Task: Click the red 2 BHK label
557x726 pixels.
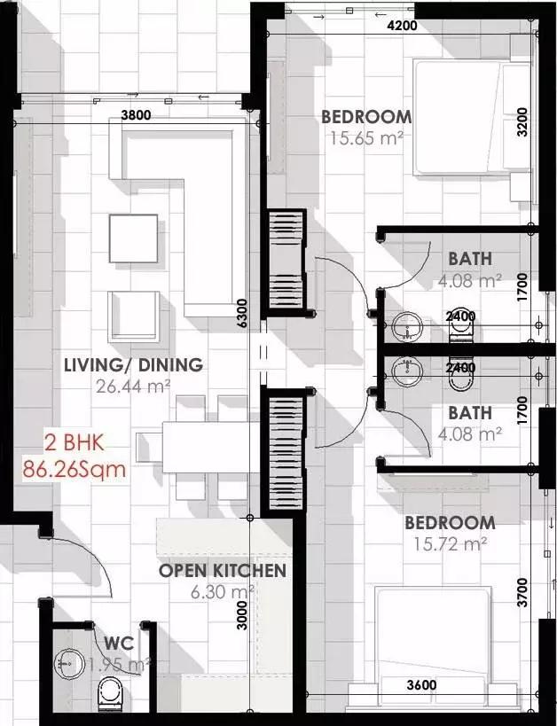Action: tap(75, 442)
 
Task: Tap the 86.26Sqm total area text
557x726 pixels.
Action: tap(75, 469)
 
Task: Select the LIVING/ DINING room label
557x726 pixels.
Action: tap(133, 365)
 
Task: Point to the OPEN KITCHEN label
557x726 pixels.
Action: tap(223, 571)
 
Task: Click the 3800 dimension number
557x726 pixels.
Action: tap(136, 115)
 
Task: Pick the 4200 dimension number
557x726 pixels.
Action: tap(402, 26)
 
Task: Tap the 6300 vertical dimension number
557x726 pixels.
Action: tap(242, 314)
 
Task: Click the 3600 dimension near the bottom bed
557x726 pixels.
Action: tap(421, 685)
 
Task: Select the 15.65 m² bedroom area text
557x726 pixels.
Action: tap(366, 137)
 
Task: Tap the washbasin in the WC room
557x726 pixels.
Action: tap(68, 664)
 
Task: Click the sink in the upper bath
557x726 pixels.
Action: tap(407, 326)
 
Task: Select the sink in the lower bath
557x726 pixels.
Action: tap(407, 371)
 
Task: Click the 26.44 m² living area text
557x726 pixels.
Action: tap(133, 386)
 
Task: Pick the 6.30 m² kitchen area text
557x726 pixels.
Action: tap(223, 591)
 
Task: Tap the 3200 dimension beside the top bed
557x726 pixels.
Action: tap(522, 121)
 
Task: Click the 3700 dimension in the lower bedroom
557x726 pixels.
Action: tap(522, 592)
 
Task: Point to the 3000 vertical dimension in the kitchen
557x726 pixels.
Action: tap(242, 615)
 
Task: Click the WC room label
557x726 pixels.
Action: tap(119, 644)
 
